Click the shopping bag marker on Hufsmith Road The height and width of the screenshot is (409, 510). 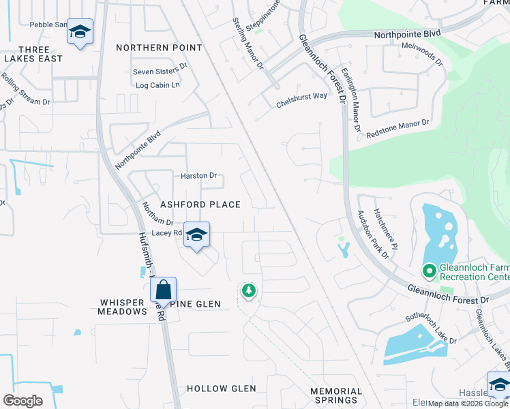tap(164, 289)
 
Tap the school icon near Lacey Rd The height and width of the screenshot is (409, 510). tap(196, 234)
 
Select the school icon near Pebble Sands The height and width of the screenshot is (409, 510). tap(80, 31)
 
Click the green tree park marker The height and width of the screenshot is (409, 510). tap(249, 291)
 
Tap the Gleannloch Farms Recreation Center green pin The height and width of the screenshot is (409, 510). tap(429, 272)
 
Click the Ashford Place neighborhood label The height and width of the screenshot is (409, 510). tap(200, 204)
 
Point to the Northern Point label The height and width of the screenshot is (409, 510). tap(159, 48)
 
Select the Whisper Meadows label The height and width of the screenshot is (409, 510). tap(123, 307)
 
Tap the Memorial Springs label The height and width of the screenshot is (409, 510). tap(335, 396)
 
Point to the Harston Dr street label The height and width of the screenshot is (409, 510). tap(198, 176)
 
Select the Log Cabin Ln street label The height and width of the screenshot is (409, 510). tap(157, 85)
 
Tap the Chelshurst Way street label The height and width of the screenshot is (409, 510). tap(301, 100)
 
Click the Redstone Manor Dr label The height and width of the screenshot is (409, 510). tap(397, 127)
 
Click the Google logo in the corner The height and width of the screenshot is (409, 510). tap(22, 401)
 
